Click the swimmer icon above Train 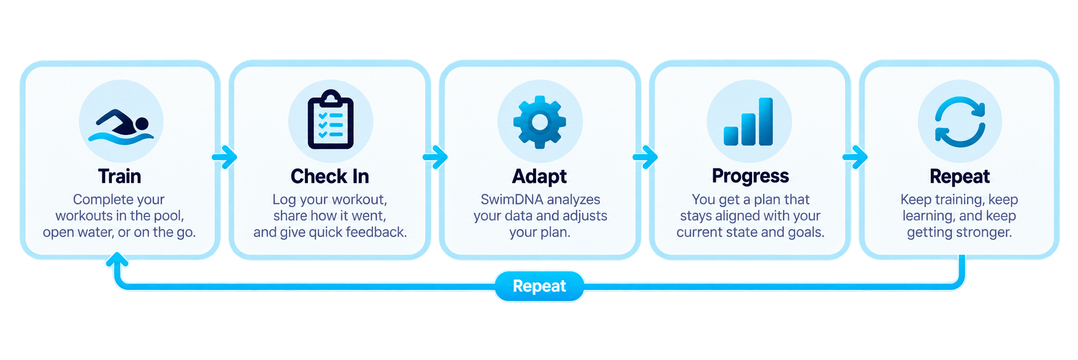point(121,127)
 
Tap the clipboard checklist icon point(330,120)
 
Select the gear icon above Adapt point(539,122)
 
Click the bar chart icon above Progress point(749,122)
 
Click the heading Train point(120,176)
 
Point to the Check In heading point(330,176)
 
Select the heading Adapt point(539,177)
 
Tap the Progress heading point(750,176)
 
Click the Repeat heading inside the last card point(960,177)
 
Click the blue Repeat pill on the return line point(539,286)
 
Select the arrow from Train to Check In point(225,157)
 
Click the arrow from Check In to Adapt point(435,157)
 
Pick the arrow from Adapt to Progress point(645,157)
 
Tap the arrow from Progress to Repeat point(855,157)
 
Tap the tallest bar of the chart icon point(766,122)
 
